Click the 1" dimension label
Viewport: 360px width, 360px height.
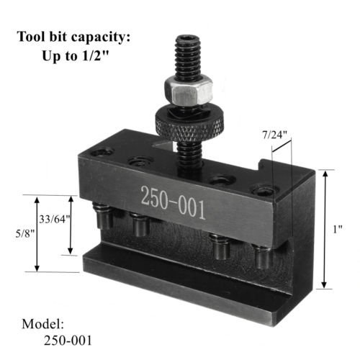(x=338, y=228)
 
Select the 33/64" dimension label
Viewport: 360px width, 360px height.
(x=55, y=220)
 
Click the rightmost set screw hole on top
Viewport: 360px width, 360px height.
(x=264, y=192)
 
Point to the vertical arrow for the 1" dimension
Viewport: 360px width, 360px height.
(x=325, y=228)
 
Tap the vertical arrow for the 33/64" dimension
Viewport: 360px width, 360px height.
(x=71, y=225)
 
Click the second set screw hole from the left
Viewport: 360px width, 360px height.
(x=135, y=161)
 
